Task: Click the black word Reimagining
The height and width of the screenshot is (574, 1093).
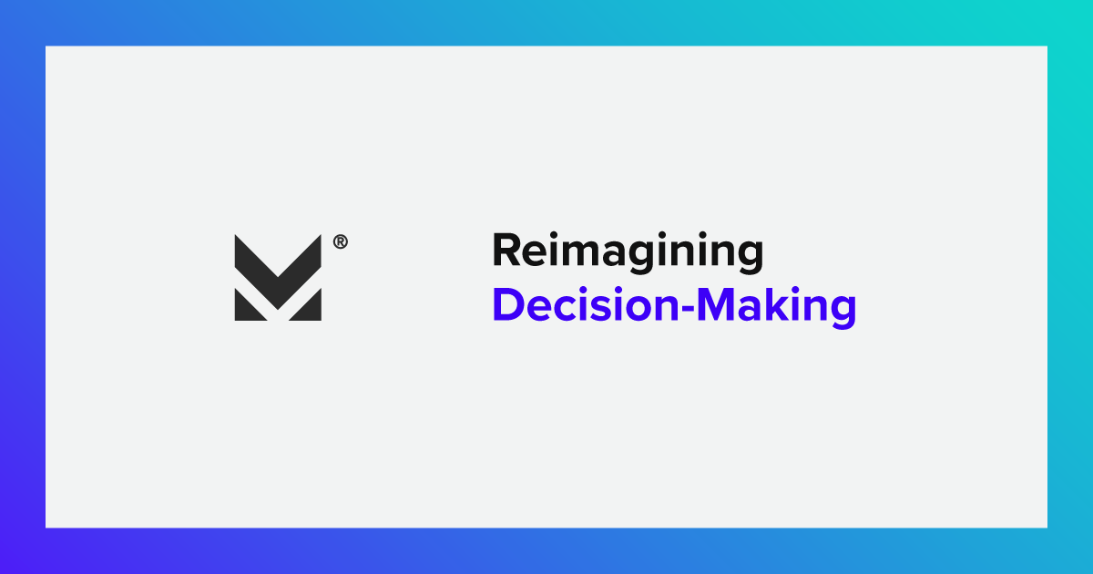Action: pyautogui.click(x=628, y=252)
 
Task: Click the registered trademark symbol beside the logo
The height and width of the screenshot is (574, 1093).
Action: pyautogui.click(x=340, y=242)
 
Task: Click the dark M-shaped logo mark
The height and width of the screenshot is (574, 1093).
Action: pyautogui.click(x=278, y=277)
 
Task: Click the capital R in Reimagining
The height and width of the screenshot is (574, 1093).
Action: pyautogui.click(x=506, y=251)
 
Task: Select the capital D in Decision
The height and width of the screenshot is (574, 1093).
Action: pyautogui.click(x=507, y=305)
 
